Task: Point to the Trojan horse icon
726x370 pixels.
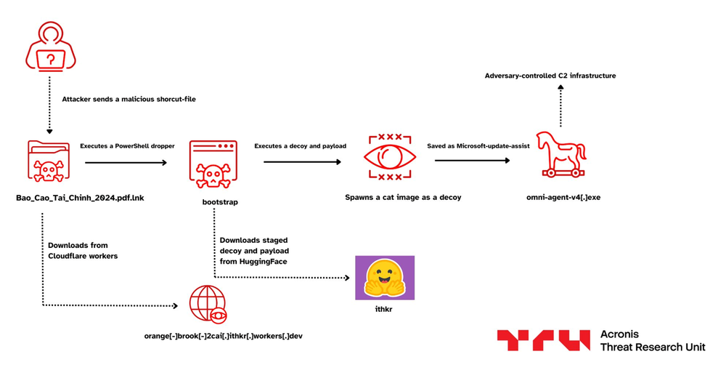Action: pyautogui.click(x=560, y=156)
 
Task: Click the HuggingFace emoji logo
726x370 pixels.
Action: pyautogui.click(x=384, y=278)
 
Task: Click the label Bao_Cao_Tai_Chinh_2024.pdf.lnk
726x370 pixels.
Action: pyautogui.click(x=80, y=197)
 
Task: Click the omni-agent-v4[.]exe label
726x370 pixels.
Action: pyautogui.click(x=562, y=197)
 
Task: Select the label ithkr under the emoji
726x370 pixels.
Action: pyautogui.click(x=383, y=310)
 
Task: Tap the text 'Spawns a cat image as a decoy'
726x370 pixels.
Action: pyautogui.click(x=403, y=197)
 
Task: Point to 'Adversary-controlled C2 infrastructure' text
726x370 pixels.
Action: pyautogui.click(x=551, y=75)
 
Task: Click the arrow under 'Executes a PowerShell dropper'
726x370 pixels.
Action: pyautogui.click(x=125, y=162)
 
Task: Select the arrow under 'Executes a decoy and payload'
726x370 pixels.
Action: pyautogui.click(x=301, y=162)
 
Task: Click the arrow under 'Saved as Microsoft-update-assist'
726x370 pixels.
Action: pyautogui.click(x=473, y=162)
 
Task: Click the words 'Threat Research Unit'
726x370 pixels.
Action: pyautogui.click(x=653, y=347)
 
